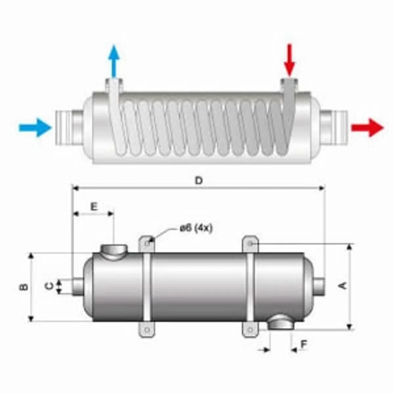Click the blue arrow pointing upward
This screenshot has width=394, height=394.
tap(114, 61)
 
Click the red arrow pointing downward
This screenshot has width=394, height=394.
tap(289, 60)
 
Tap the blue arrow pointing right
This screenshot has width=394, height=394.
tap(35, 128)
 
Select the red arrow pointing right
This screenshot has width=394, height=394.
tap(367, 128)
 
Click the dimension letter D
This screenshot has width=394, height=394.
tap(199, 181)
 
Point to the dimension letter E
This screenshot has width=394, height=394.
tap(94, 207)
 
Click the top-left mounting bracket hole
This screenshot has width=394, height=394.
tap(147, 244)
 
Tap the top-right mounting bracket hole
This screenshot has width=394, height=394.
tap(250, 243)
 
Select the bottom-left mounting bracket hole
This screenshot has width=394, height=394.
tap(147, 335)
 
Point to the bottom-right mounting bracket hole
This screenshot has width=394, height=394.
tap(250, 335)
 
